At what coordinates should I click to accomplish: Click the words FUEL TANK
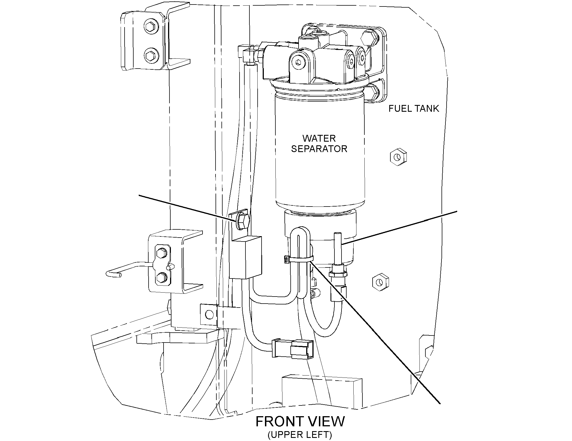coord(414,109)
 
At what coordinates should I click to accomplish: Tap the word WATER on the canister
coord(319,139)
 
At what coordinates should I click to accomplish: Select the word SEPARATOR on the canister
coord(319,149)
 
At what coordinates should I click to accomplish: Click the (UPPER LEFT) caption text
coord(299,435)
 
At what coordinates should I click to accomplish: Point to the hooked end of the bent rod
coord(111,274)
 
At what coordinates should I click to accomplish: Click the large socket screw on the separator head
coord(299,64)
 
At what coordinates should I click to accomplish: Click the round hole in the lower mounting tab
coord(209,314)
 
